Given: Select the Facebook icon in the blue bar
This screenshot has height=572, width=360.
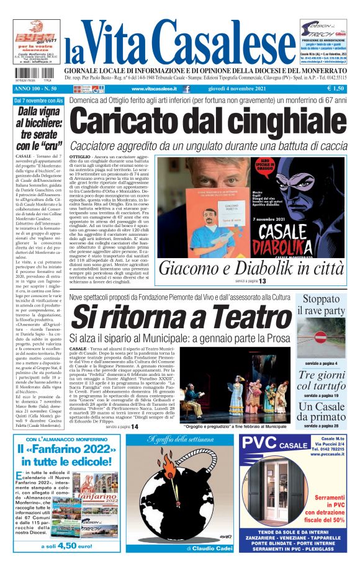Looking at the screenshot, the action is (185, 89).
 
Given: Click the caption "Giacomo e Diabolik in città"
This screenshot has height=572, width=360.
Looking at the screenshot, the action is (260, 269).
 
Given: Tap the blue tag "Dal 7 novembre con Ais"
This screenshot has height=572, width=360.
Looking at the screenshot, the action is (39, 100).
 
